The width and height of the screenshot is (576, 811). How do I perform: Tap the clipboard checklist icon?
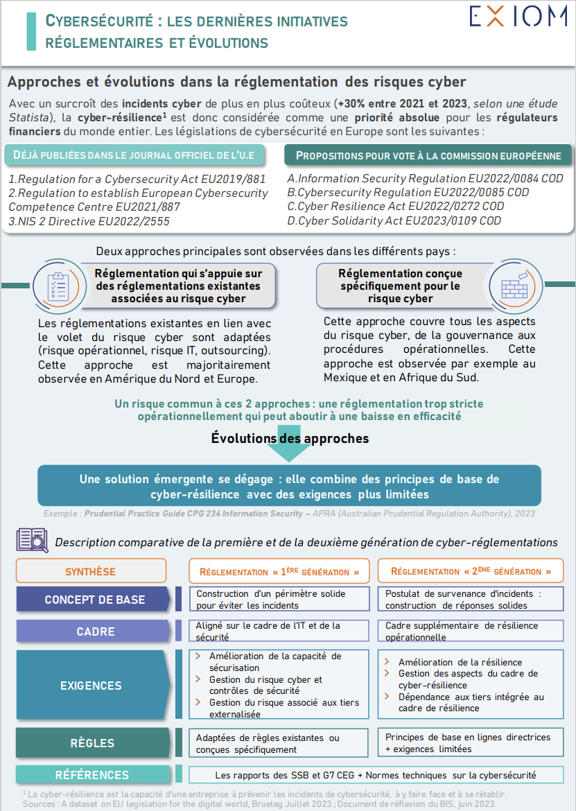pos(56,284)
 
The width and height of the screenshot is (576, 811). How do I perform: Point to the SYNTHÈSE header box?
pos(91,571)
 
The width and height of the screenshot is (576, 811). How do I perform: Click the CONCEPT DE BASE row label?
pos(94,600)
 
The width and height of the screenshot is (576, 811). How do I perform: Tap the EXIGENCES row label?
pos(91,686)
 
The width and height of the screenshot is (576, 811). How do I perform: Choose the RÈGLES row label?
pos(92,743)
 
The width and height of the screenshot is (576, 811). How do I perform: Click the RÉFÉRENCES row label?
pos(92,775)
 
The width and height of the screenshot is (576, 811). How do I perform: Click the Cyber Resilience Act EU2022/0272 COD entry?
pos(395,207)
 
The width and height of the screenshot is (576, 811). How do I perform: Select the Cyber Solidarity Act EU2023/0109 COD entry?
pos(394,221)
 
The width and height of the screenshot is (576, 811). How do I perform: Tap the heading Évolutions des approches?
pos(290,438)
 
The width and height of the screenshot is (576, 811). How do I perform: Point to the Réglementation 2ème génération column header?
pos(471,571)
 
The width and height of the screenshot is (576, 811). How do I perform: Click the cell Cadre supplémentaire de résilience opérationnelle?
pos(471,631)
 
